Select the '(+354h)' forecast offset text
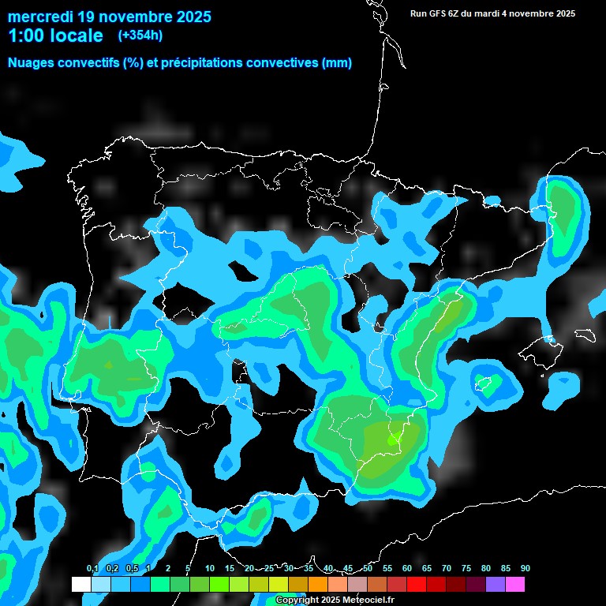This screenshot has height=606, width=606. coord(140,36)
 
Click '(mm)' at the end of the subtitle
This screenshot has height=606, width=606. coord(337,63)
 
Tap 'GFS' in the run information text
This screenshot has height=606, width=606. coord(440,13)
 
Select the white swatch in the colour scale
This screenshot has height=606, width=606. coord(80,585)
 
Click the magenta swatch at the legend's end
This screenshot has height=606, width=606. coord(515,585)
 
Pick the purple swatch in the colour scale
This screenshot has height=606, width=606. coord(496,585)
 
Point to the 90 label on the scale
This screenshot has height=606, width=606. coord(525,568)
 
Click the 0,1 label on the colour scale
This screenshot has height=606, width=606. coord(92,568)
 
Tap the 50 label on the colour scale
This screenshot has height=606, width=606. coord(368,568)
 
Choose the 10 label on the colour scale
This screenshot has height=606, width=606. coord(210,568)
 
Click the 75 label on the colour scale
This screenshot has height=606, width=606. coord(466,568)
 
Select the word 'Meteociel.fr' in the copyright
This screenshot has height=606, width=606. coord(368,600)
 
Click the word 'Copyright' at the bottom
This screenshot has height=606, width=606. coord(297,600)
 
